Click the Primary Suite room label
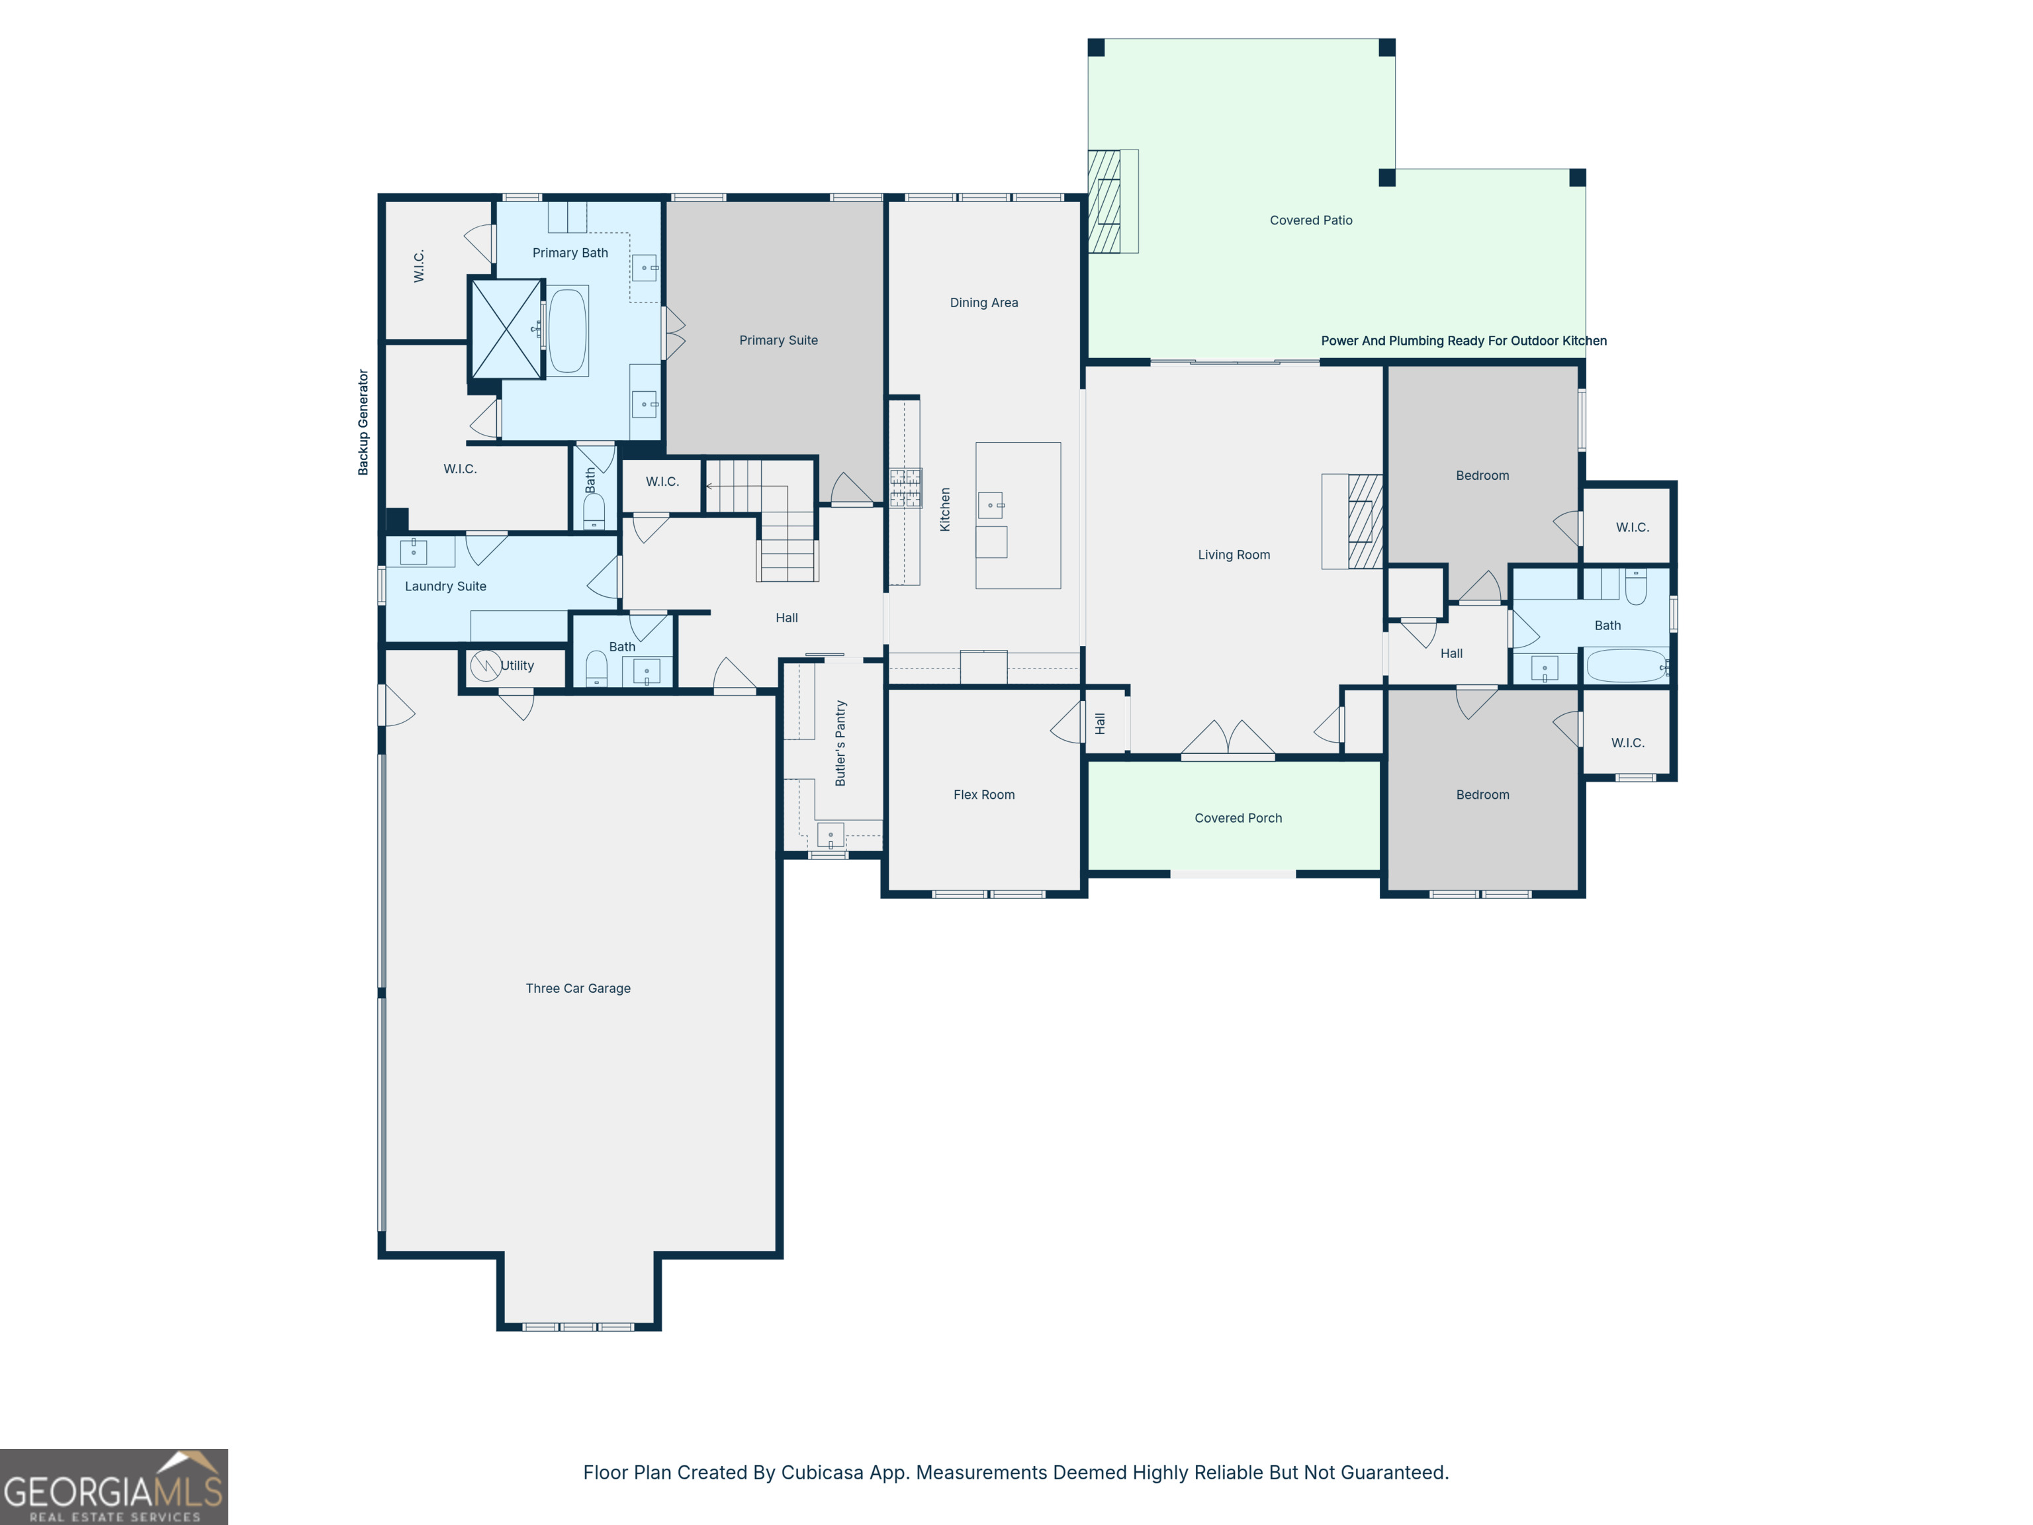coord(778,340)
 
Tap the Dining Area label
coord(983,302)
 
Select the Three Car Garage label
coord(578,988)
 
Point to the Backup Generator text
coord(363,422)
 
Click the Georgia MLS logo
coord(114,1487)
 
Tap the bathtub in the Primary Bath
coord(568,330)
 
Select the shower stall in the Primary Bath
coord(506,329)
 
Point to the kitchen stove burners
coord(905,488)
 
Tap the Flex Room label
coord(983,795)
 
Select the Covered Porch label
coord(1238,818)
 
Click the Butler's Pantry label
coord(840,743)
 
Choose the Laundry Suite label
coord(446,586)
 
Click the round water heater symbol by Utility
coord(485,665)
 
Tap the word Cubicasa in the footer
coord(823,1473)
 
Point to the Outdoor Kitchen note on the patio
coord(1464,341)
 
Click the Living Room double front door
coord(1228,740)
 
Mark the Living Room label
coord(1234,555)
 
